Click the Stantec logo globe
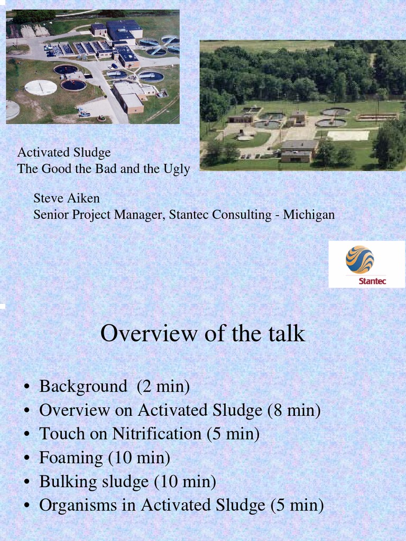[359, 259]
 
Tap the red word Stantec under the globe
[372, 281]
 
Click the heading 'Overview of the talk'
[202, 334]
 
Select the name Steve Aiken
[67, 199]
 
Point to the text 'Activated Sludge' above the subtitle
[64, 153]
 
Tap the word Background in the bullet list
[83, 386]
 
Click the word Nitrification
[156, 434]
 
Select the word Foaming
[71, 458]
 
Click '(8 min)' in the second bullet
[294, 410]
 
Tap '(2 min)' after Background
[163, 386]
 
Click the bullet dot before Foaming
[26, 459]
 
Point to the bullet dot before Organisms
[26, 506]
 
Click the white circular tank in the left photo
[40, 87]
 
